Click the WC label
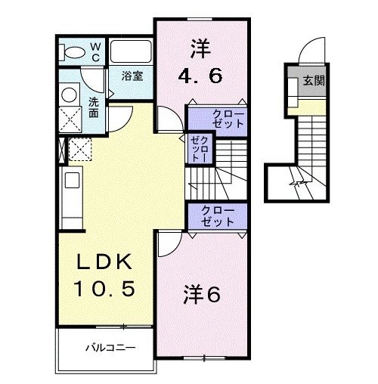96,51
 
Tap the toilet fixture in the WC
73,52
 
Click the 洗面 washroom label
93,107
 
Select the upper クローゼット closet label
217,118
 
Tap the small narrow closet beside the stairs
199,148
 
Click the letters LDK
106,262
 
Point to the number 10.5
106,288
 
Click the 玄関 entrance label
314,80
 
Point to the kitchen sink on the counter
70,181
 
